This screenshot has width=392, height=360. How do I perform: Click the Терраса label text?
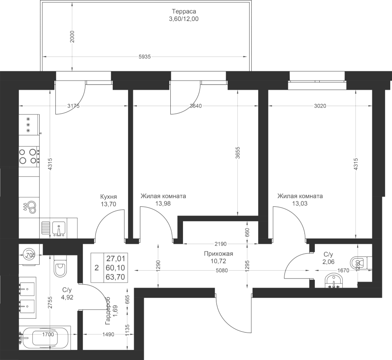(184, 11)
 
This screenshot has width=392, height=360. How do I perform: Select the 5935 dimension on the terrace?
(145, 57)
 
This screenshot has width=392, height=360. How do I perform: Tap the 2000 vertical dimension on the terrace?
(72, 37)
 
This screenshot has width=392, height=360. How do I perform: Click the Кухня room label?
(108, 196)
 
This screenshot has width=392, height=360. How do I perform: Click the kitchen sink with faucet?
(59, 229)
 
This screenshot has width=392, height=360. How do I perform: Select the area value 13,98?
(163, 204)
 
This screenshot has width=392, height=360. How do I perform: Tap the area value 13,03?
(300, 204)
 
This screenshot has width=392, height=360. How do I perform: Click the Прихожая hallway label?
(219, 254)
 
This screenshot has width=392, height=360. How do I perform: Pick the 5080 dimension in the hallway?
(222, 270)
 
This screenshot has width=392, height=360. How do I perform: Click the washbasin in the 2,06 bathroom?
(334, 281)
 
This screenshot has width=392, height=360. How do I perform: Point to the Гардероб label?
(108, 310)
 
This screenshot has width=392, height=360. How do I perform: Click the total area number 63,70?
(115, 277)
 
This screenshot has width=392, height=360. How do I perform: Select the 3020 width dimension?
(320, 106)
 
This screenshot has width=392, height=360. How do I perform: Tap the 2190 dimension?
(220, 243)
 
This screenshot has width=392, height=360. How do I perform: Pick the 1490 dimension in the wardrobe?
(108, 334)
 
